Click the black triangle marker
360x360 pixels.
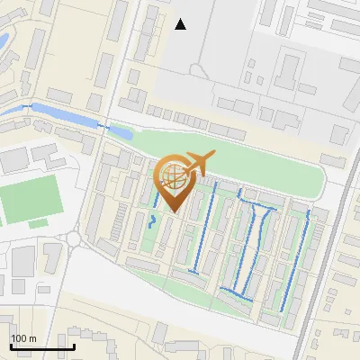click(181, 24)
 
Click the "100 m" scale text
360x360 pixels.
click(23, 338)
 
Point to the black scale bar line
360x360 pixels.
click(42, 346)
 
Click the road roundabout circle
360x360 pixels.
click(74, 239)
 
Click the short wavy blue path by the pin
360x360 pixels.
click(152, 221)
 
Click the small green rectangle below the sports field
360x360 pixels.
click(37, 223)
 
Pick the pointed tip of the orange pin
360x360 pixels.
click(174, 211)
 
